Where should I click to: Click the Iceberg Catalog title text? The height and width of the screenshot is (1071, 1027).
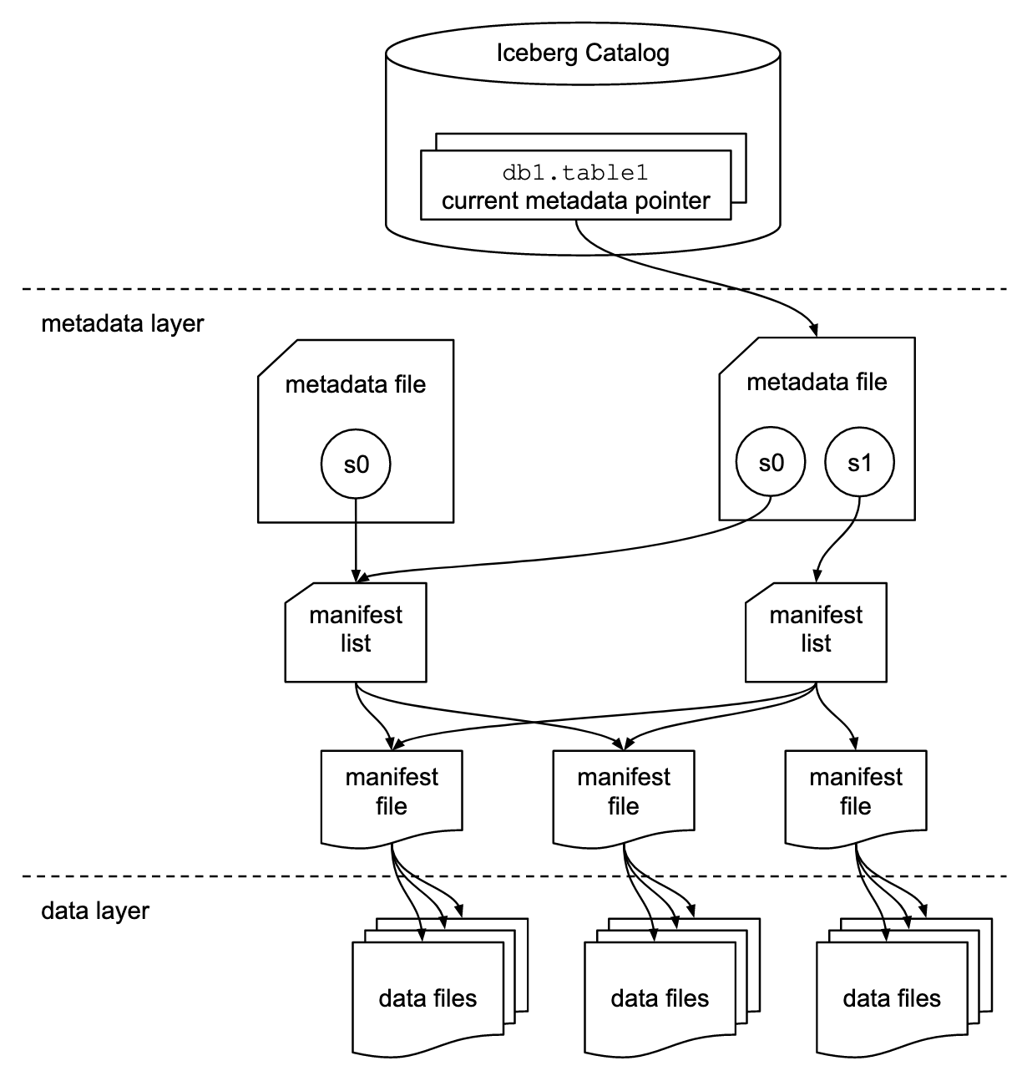583,53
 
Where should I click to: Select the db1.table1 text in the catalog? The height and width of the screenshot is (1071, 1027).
575,173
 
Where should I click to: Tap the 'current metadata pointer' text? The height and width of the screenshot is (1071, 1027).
575,201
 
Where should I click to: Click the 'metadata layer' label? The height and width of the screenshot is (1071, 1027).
122,323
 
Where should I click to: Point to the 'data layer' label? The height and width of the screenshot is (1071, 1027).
95,910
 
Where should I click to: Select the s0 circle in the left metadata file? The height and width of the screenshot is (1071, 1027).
357,464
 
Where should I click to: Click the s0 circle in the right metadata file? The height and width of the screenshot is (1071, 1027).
771,462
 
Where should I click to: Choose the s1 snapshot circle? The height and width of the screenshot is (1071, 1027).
859,462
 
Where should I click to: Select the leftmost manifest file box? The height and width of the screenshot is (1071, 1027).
392,793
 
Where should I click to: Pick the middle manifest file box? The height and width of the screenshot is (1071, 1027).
624,793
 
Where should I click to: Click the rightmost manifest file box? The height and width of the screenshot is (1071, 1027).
855,793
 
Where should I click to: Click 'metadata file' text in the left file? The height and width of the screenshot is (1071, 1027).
356,384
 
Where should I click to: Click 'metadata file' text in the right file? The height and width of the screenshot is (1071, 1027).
817,383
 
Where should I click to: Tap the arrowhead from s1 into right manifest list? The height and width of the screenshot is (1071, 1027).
816,576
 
